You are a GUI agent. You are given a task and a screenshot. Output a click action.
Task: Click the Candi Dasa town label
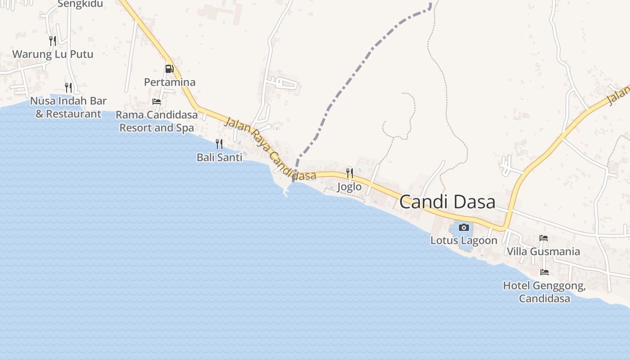[x=447, y=202]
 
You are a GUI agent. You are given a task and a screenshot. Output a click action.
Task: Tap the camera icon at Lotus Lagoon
[x=464, y=228]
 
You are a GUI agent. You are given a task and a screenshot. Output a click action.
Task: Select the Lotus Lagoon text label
[x=464, y=240]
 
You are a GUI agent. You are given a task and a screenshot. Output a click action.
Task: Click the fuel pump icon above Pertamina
[x=169, y=69]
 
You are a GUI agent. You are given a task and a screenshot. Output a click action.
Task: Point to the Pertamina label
[x=170, y=82]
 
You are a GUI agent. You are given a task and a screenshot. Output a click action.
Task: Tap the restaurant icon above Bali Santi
[x=219, y=144]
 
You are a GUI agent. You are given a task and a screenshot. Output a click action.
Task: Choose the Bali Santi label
[x=219, y=157]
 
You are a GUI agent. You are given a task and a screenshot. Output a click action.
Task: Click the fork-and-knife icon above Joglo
[x=349, y=173]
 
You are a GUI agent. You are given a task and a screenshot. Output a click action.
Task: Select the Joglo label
[x=349, y=186]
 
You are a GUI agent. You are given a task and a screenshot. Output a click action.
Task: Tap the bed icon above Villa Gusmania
[x=544, y=238]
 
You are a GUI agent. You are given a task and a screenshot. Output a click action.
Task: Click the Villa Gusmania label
[x=544, y=251]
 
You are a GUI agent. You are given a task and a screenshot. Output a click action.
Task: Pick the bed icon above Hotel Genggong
[x=544, y=272]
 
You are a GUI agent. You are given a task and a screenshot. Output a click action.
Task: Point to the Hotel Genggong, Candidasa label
[x=544, y=292]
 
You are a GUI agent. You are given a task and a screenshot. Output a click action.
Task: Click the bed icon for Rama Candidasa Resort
[x=157, y=102]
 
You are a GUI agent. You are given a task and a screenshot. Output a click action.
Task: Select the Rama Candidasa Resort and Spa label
[x=157, y=121]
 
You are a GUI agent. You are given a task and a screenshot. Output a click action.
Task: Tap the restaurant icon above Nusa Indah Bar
[x=68, y=87]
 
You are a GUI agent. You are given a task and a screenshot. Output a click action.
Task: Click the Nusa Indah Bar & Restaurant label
[x=68, y=107]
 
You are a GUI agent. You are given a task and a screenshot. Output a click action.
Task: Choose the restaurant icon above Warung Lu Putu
[x=53, y=41]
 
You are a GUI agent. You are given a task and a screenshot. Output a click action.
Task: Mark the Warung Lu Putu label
[x=53, y=54]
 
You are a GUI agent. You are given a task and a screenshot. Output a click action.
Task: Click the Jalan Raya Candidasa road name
[x=270, y=149]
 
